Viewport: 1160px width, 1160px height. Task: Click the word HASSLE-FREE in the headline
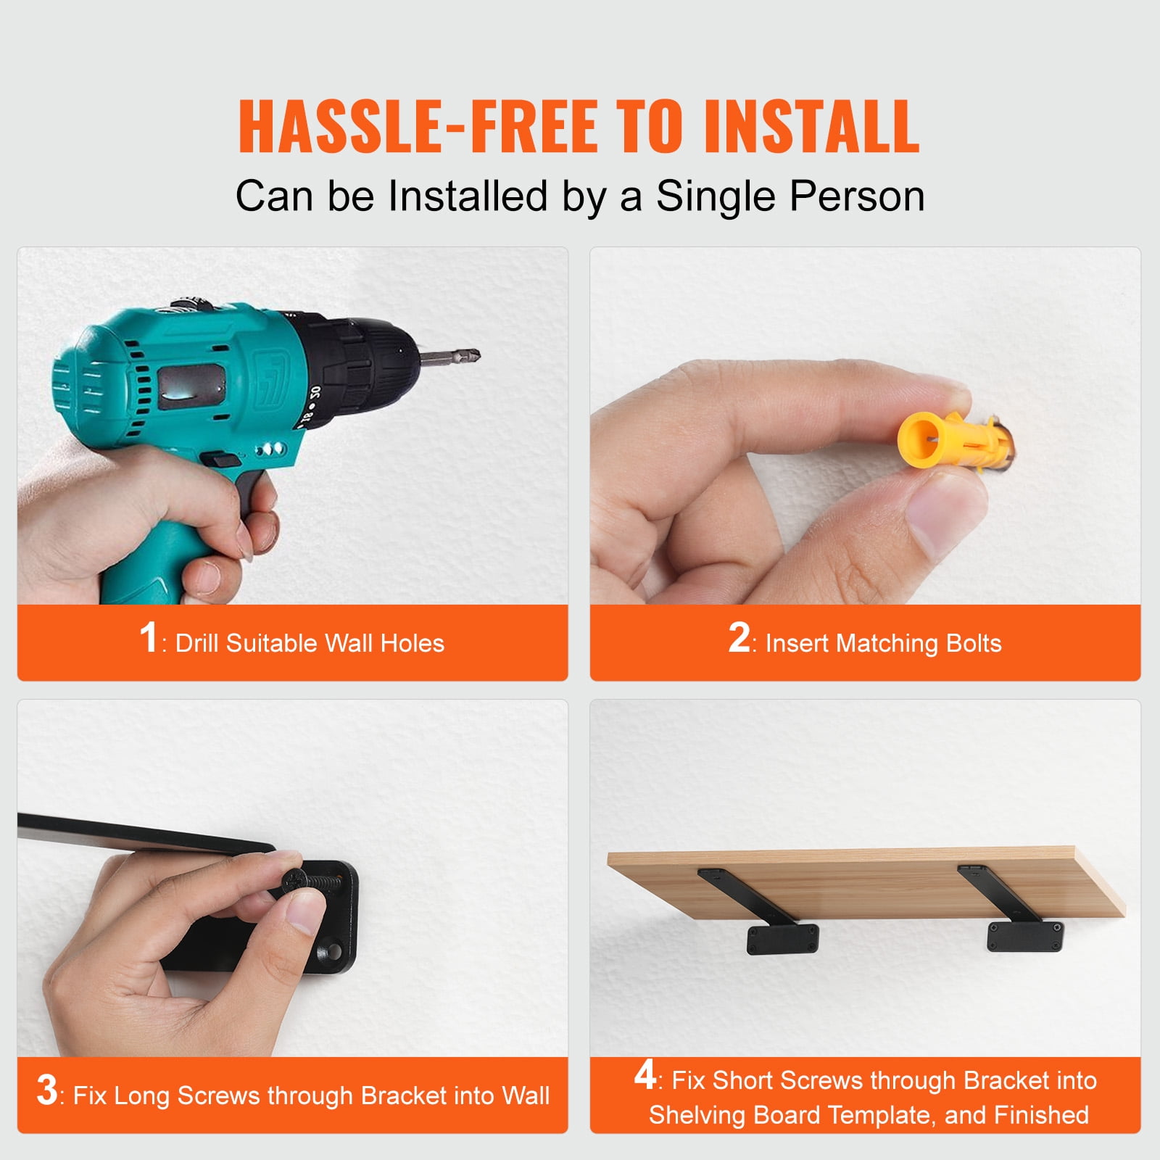[x=418, y=125]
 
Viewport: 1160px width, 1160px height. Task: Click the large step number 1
[x=148, y=637]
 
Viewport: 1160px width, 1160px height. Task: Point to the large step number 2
[x=739, y=637]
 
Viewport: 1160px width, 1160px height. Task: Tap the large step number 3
[x=47, y=1090]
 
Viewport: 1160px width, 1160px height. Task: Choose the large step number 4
[x=645, y=1074]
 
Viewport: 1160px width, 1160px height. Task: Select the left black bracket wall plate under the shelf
[x=783, y=939]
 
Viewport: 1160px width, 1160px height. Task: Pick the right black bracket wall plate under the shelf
[x=1025, y=937]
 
